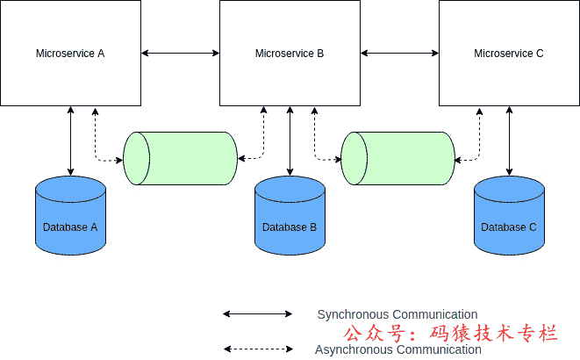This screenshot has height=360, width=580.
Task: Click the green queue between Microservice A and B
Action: pos(181,158)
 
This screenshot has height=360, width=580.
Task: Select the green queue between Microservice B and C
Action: pos(398,158)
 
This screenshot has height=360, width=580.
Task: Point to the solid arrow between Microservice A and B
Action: pos(180,54)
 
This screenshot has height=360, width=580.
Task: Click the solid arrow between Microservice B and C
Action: pos(399,54)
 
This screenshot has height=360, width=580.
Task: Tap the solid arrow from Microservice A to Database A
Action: pos(70,140)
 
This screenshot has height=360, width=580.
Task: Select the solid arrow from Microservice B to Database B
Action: pos(290,140)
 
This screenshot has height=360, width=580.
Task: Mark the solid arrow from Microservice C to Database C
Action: pos(509,140)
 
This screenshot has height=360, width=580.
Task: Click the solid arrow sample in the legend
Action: pos(257,313)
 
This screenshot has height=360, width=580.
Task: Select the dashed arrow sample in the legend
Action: pos(257,349)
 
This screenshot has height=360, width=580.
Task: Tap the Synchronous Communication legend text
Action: pos(397,314)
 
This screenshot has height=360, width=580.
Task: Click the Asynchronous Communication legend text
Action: pos(398,349)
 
